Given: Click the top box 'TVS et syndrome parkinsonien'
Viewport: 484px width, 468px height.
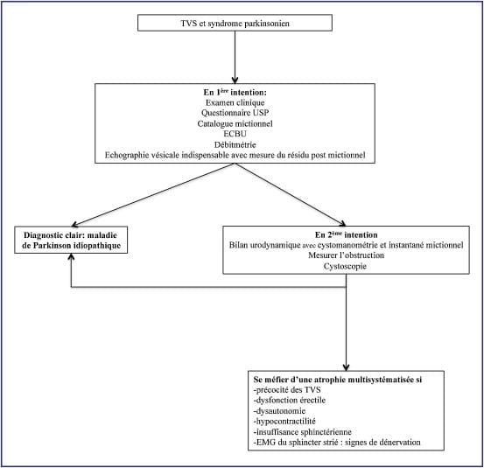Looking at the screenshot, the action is click(x=235, y=23).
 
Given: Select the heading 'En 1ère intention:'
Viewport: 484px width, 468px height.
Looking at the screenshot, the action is click(x=235, y=92).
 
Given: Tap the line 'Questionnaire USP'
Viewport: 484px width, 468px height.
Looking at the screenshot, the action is click(x=235, y=113).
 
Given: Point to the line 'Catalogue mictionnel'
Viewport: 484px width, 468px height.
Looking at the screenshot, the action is click(x=235, y=123).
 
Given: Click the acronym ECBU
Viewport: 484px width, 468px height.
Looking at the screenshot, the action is click(x=235, y=134).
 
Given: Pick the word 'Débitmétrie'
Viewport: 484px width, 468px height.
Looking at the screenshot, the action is click(x=235, y=144).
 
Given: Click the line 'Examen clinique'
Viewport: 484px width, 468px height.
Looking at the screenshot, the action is click(x=235, y=102).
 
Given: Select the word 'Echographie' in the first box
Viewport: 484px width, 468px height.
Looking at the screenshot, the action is click(x=126, y=155).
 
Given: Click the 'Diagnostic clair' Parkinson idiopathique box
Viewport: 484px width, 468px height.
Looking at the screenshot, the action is click(x=71, y=240).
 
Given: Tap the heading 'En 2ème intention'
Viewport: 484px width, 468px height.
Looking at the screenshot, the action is click(x=346, y=234).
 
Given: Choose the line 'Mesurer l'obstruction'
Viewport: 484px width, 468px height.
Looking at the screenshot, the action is click(x=346, y=255).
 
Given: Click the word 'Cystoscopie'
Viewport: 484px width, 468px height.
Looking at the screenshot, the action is click(x=345, y=266).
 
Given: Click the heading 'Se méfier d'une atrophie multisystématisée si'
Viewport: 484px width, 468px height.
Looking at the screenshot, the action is click(x=338, y=380).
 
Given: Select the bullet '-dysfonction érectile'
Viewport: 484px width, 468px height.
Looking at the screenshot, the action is click(x=290, y=400).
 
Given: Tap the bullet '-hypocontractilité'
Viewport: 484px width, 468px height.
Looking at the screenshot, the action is click(x=284, y=421).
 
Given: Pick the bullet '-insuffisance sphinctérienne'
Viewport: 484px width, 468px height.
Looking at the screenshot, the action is click(x=303, y=431).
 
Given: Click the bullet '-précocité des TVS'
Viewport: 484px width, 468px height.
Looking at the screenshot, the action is click(x=287, y=389).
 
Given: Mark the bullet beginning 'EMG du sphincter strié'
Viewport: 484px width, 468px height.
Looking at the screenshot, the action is click(x=337, y=442).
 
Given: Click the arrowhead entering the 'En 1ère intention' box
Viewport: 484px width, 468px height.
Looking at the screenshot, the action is click(x=235, y=80).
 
